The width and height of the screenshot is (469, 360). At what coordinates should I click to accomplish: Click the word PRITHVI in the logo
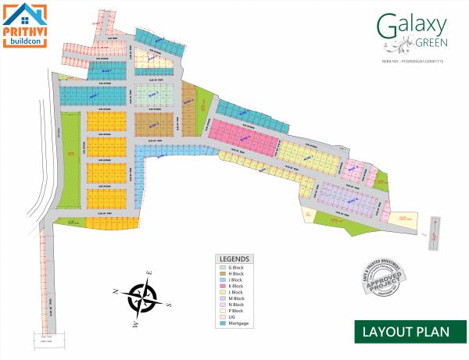click(x=24, y=30)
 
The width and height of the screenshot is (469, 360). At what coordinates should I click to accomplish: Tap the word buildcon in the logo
click(x=24, y=41)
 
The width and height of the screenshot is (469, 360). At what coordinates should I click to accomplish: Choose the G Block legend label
click(x=236, y=268)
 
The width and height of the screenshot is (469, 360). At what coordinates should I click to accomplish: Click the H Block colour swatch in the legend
click(x=221, y=274)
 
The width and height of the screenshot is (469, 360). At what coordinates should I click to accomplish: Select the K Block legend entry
click(x=236, y=286)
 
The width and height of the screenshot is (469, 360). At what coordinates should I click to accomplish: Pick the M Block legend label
click(x=236, y=298)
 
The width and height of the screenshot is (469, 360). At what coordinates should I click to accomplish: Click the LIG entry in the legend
click(x=232, y=316)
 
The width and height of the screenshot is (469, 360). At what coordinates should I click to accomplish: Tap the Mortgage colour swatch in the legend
click(x=221, y=323)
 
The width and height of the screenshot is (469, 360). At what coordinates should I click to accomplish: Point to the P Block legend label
click(x=236, y=310)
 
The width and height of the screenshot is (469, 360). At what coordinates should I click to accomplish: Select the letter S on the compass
click(x=168, y=305)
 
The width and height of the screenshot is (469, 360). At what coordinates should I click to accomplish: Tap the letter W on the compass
click(x=134, y=321)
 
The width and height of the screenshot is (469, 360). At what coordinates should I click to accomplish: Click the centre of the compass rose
click(x=142, y=298)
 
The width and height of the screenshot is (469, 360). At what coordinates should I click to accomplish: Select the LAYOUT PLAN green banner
click(x=406, y=331)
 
